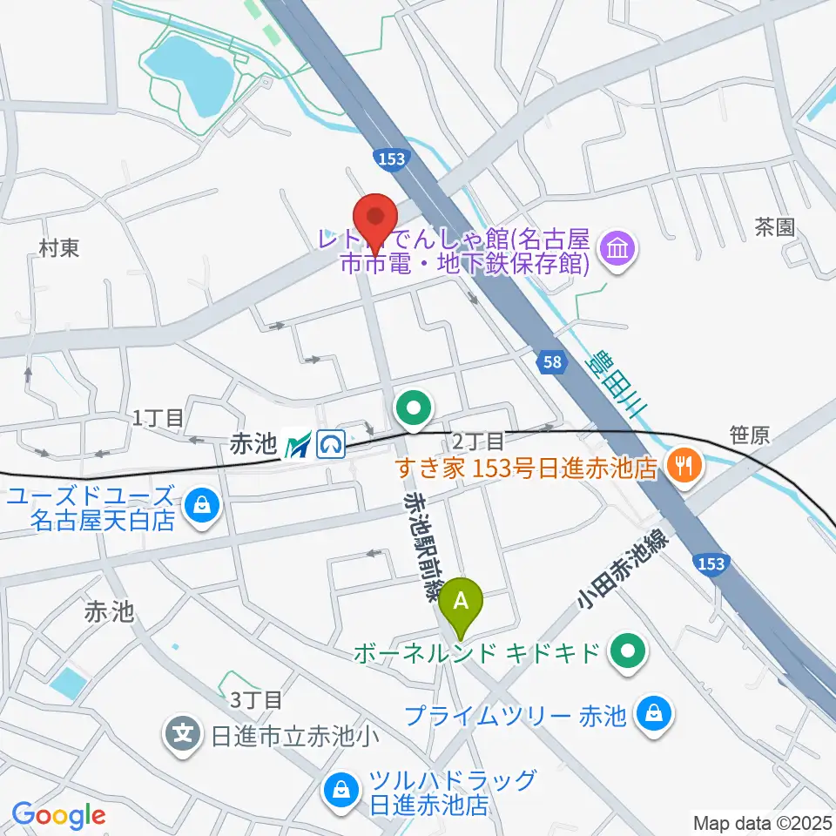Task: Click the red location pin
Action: [375, 218]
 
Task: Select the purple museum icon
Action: [622, 251]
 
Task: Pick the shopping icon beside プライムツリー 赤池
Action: [652, 715]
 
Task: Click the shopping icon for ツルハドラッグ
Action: [339, 791]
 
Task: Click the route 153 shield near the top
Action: [388, 158]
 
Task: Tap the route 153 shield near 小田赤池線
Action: [711, 564]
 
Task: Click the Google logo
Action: [59, 815]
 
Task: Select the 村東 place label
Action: [59, 248]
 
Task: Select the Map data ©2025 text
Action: [762, 822]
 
